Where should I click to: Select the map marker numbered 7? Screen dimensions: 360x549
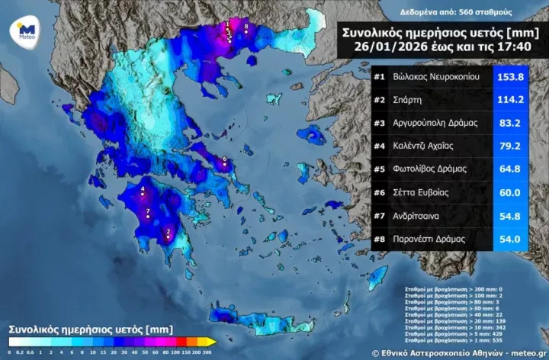pyautogui.click(x=147, y=214)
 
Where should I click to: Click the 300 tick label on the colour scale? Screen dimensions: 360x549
pyautogui.click(x=207, y=352)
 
